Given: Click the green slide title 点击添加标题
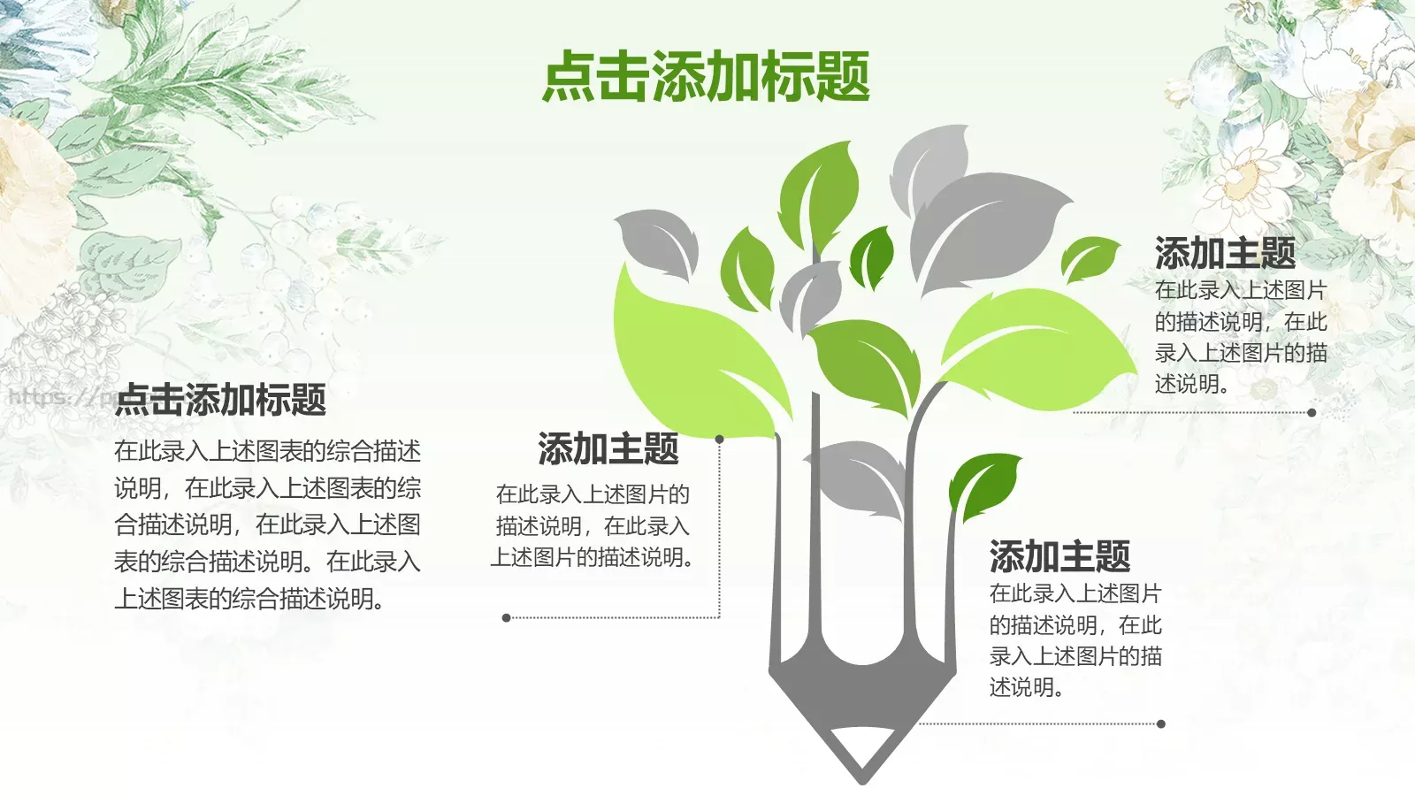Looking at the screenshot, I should coord(706,76).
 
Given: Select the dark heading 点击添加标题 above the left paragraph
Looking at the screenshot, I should coord(221,400).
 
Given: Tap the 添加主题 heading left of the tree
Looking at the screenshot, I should coord(608,449).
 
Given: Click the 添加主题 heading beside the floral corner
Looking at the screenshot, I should coord(1225,254).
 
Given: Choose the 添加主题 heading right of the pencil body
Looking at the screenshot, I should coord(1059,557).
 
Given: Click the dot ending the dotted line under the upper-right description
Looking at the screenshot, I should coord(1312,412).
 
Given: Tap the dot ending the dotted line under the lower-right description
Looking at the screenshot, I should coord(1161,723).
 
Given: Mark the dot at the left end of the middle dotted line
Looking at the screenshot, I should coord(506,617).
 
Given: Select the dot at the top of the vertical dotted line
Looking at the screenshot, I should coord(720,439).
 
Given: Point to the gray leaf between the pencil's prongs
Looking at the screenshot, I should coord(858,478).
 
